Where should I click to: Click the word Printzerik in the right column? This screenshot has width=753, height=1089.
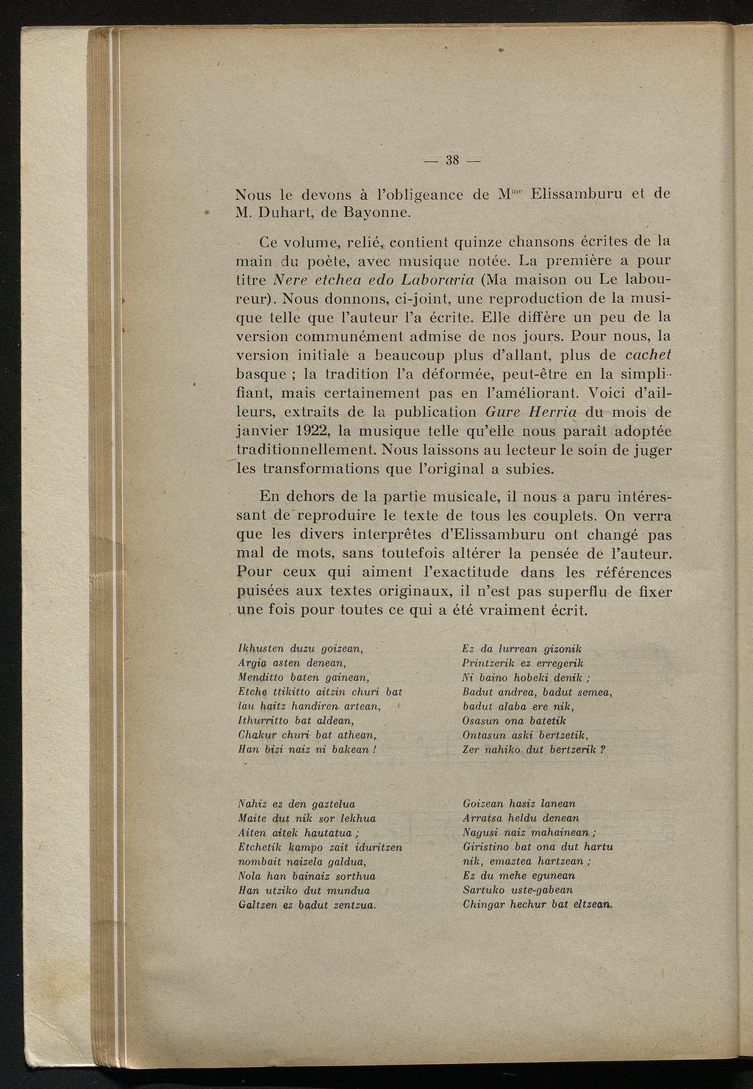(489, 663)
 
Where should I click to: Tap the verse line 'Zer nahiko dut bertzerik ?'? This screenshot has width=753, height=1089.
(534, 749)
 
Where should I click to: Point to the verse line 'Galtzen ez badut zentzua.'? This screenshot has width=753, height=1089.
(308, 904)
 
